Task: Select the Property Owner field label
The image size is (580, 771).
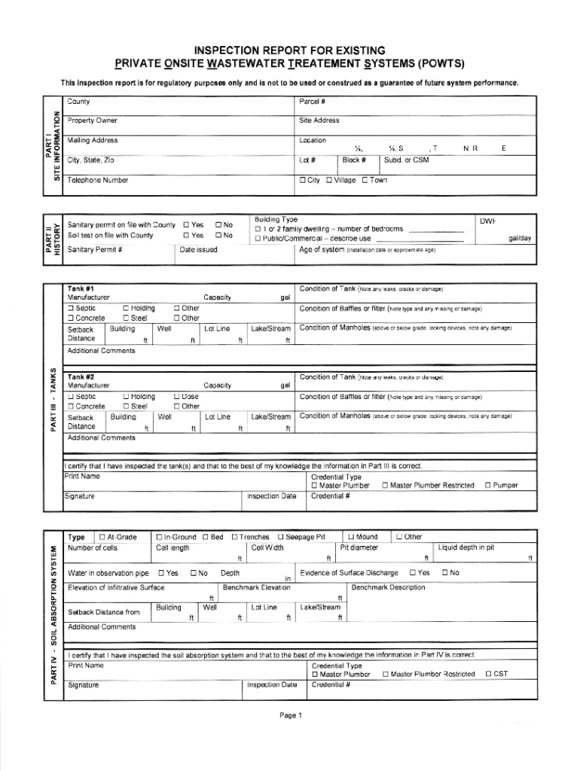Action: click(x=92, y=120)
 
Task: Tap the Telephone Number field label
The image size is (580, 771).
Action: click(x=97, y=180)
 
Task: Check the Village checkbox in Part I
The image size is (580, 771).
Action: click(x=329, y=180)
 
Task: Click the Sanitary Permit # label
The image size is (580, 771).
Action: click(x=95, y=249)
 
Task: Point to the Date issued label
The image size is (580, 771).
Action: click(x=199, y=249)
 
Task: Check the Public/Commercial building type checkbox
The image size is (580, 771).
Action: click(x=258, y=239)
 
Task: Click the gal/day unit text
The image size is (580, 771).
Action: click(x=520, y=238)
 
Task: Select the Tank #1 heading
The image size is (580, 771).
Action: click(x=81, y=289)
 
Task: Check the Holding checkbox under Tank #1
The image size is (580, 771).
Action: click(x=126, y=308)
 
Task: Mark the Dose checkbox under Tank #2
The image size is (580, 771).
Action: click(x=177, y=396)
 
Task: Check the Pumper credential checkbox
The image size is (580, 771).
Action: click(x=488, y=486)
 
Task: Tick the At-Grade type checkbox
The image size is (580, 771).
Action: click(x=102, y=537)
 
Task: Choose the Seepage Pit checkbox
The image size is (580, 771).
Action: click(x=281, y=537)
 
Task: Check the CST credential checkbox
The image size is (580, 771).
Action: click(x=488, y=653)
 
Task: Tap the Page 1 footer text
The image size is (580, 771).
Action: click(x=290, y=715)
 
